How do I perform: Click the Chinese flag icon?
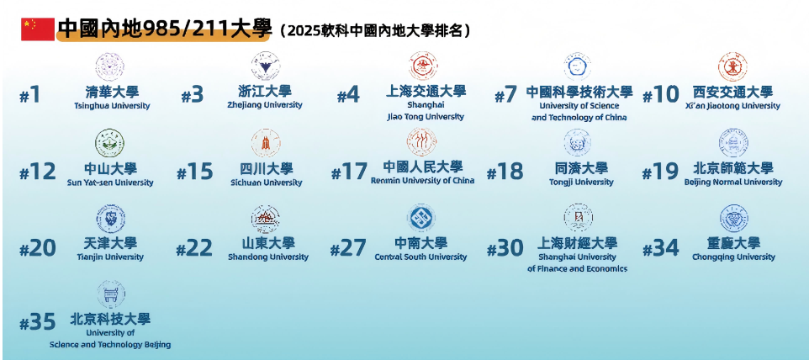point(37,29)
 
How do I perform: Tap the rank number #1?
point(30,96)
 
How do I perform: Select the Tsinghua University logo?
point(110,66)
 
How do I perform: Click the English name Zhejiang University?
point(265,106)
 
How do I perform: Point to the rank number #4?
point(348,96)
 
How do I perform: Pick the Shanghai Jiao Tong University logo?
point(423,66)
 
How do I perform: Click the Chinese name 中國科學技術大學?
point(579,92)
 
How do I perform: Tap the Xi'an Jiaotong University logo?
point(732,66)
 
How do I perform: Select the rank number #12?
point(37,172)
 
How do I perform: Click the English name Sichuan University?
point(266,183)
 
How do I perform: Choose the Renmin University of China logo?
point(422,141)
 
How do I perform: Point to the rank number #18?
point(505,172)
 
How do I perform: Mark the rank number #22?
point(194,249)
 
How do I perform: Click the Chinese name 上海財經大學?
point(578,243)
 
